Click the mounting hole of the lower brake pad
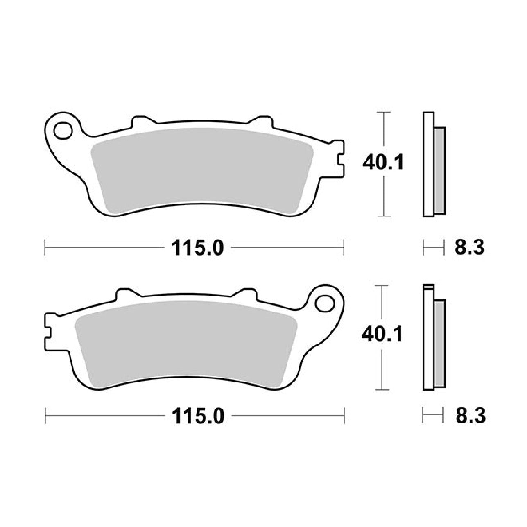[325, 303]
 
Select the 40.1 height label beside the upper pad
[383, 163]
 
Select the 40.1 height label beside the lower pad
[382, 335]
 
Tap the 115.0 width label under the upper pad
[197, 248]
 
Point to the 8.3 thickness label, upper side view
[469, 247]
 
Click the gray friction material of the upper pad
[202, 170]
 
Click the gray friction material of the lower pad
[186, 343]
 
